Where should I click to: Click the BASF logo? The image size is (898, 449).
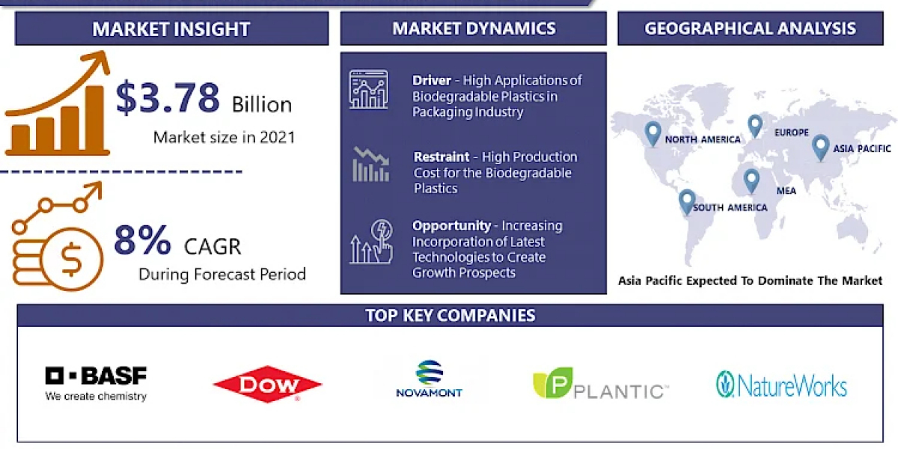pos(96,384)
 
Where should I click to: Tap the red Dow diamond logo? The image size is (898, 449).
pos(267,384)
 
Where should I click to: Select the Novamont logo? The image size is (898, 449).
pos(429,379)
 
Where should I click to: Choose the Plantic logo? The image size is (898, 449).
pos(600,383)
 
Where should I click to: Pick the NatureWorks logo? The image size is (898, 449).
pos(781,385)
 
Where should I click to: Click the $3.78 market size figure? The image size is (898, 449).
pos(168,97)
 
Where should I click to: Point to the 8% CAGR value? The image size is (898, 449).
pos(142,240)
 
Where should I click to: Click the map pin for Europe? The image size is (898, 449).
pos(755,126)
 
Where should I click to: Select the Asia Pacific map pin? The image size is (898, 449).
pos(820,148)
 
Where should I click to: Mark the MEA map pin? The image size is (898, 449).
pos(751,181)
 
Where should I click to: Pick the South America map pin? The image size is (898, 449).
pos(687,202)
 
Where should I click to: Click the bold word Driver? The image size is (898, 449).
pos(432,81)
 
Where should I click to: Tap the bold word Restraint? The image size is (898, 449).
pos(442,156)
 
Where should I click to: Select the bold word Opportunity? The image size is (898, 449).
pos(451,226)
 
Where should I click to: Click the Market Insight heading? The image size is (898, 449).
pos(171,29)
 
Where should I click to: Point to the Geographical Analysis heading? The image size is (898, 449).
pos(750,28)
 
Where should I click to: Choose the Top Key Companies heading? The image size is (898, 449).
pos(450,316)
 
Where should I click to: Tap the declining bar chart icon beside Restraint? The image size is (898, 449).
pos(371,165)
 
